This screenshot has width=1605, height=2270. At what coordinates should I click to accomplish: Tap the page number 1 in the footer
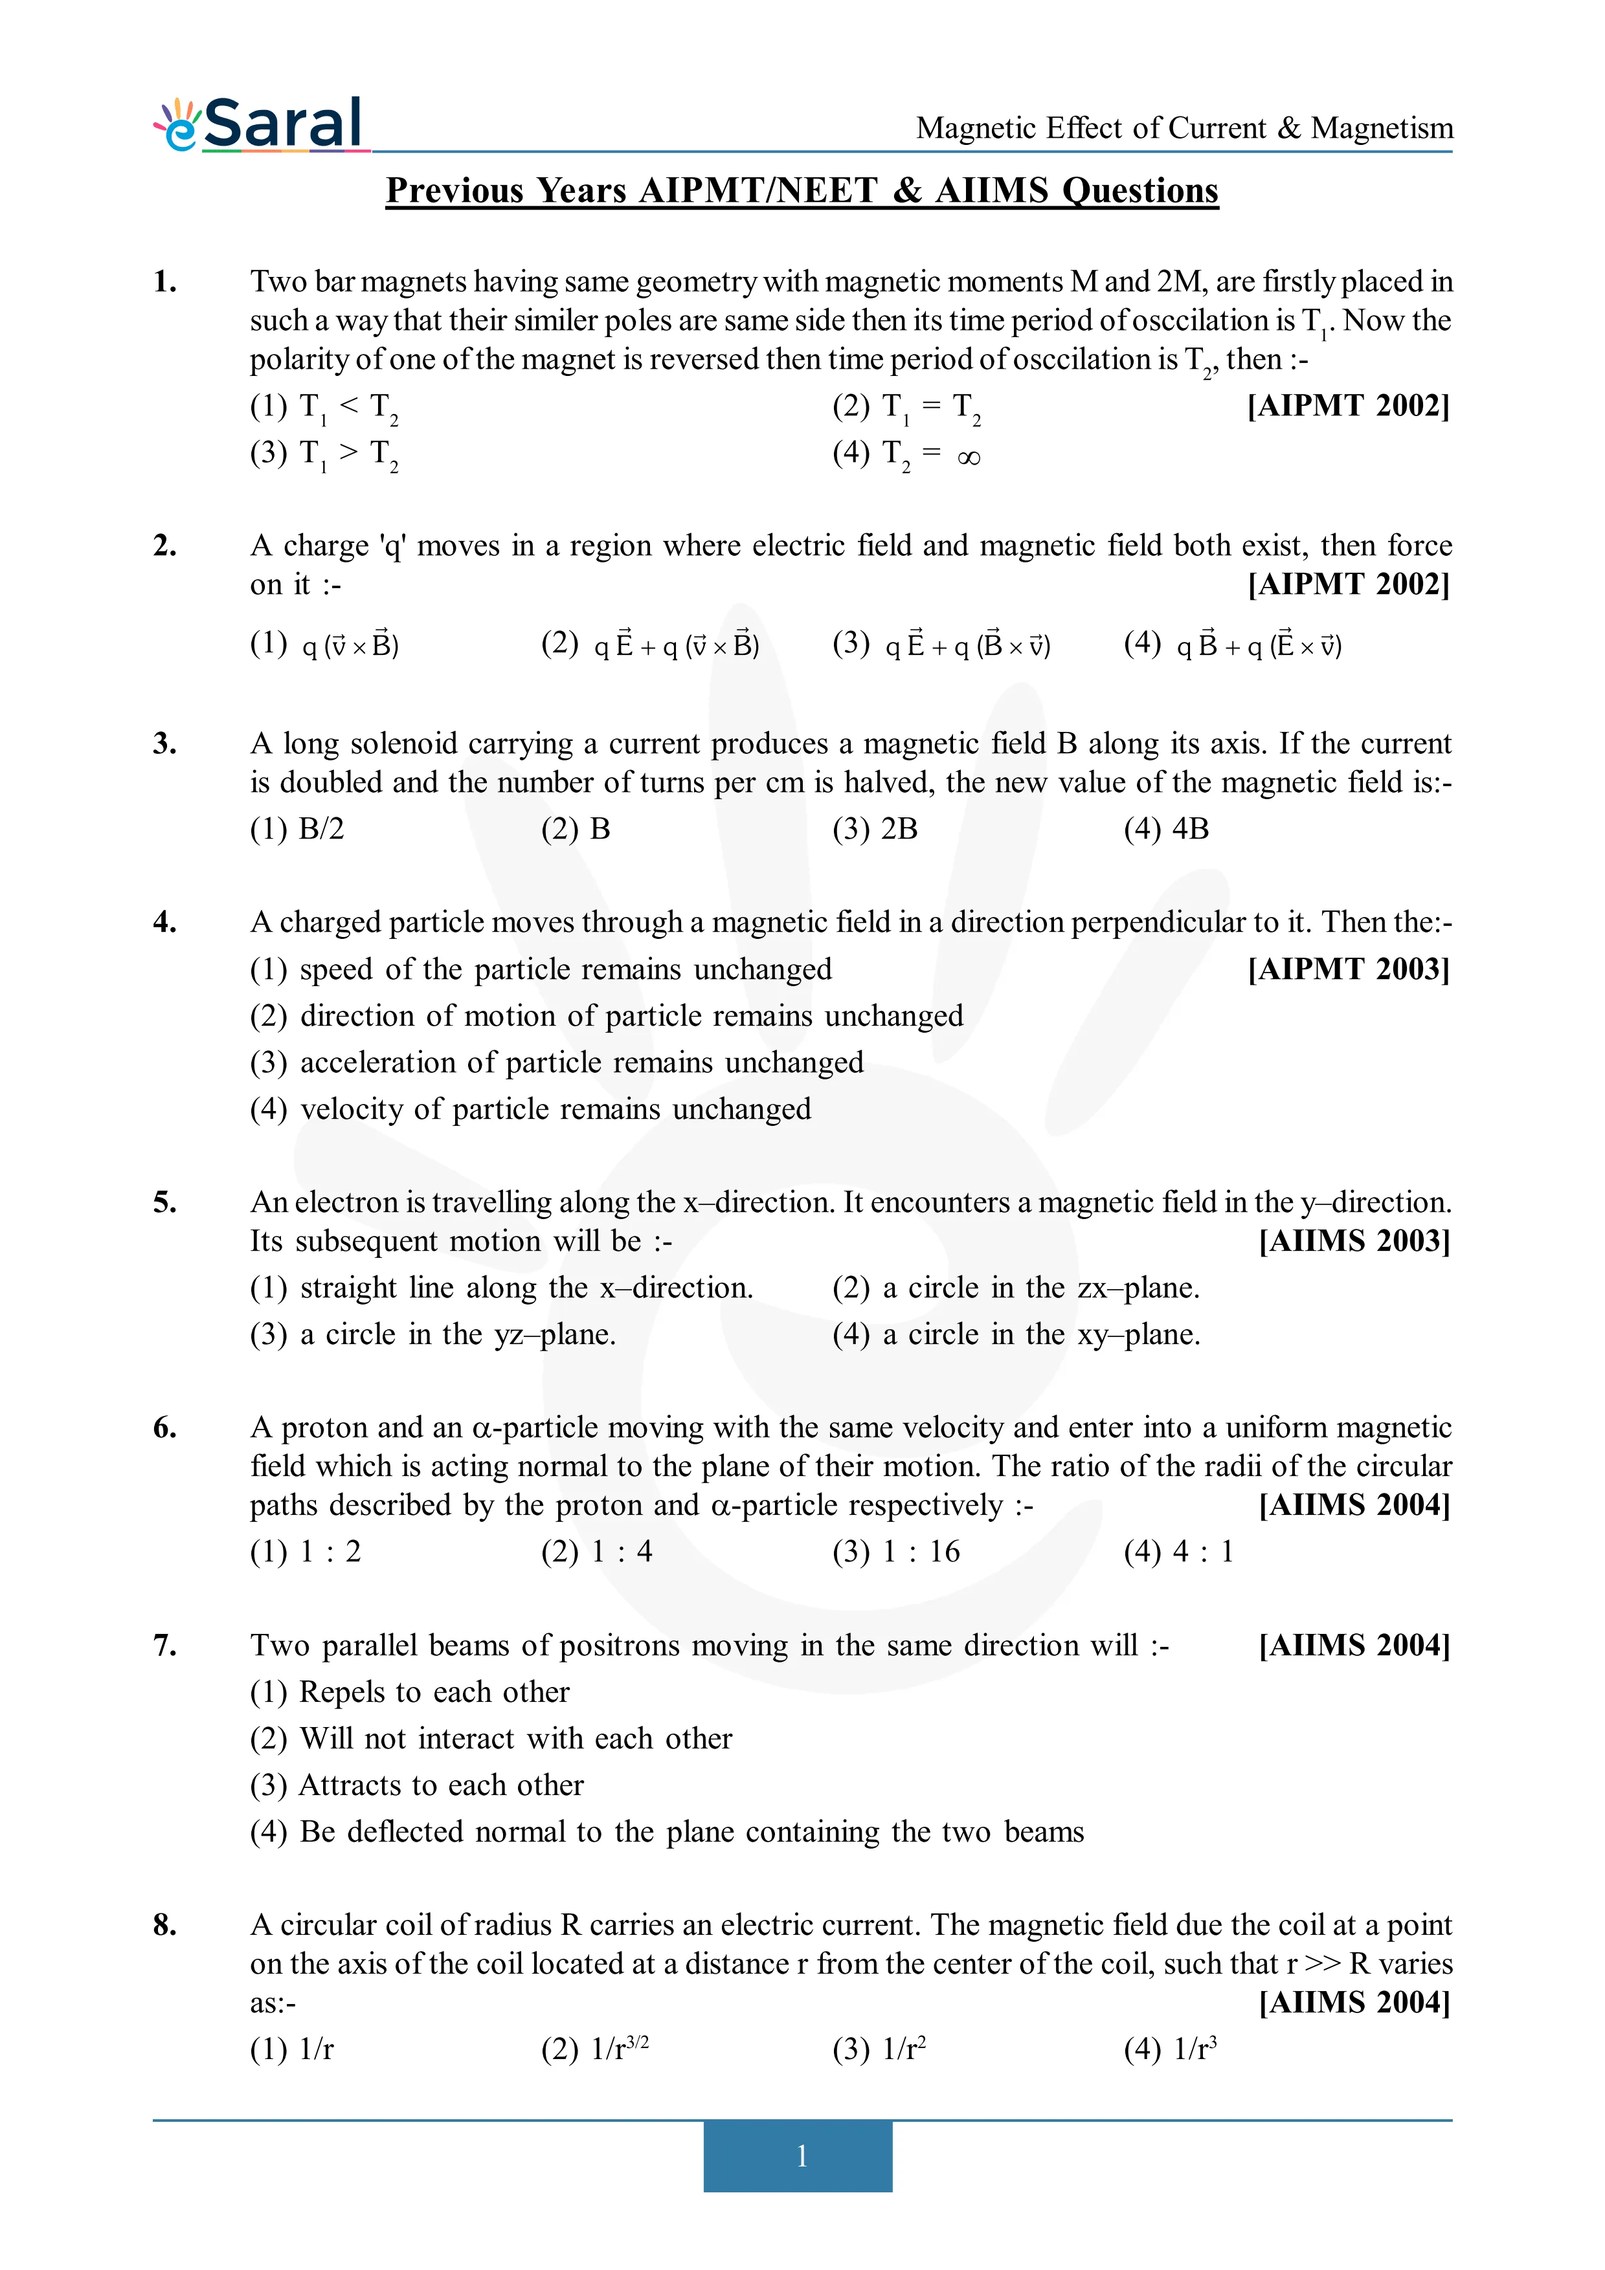(801, 2155)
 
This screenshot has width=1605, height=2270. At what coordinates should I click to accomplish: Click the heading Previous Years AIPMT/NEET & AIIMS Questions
(801, 190)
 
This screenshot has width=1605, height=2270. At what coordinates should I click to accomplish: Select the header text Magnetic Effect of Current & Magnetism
(1184, 129)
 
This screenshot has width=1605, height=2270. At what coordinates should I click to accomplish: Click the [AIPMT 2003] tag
(1348, 969)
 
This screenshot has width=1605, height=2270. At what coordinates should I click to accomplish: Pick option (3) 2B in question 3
(875, 828)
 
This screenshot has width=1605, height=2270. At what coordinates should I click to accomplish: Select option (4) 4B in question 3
(1166, 828)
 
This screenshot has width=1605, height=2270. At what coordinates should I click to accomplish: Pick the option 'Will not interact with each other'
(491, 1738)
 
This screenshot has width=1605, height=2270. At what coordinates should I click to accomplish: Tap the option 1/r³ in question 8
(1170, 2049)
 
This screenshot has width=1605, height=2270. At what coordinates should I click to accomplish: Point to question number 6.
(165, 1427)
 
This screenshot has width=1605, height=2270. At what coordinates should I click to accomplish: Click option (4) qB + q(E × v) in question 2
(1233, 645)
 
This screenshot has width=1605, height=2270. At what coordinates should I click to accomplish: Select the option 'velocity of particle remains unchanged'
(531, 1109)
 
